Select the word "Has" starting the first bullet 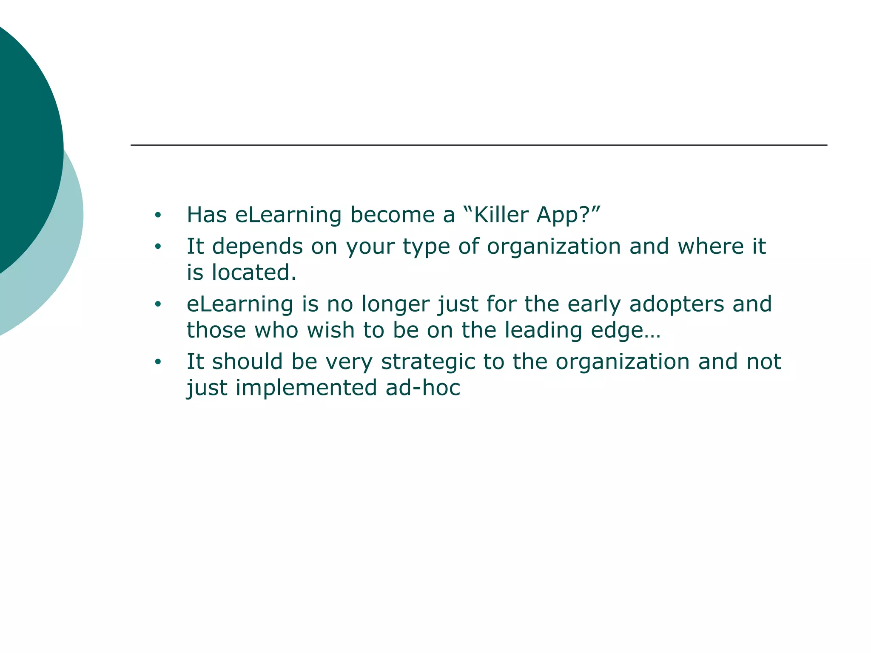pos(207,215)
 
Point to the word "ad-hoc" pos(423,388)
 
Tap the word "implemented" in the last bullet pos(306,388)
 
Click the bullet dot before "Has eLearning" pos(158,215)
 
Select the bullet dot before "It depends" pos(158,247)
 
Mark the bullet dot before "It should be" pos(158,362)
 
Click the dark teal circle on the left pos(26,145)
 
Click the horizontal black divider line pos(478,145)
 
